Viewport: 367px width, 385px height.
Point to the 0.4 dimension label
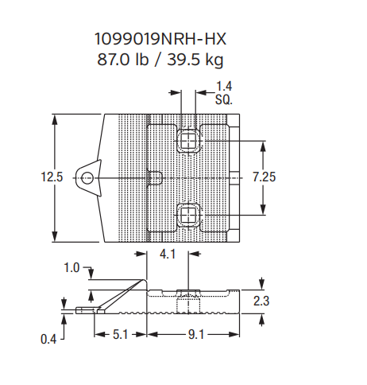click(49, 339)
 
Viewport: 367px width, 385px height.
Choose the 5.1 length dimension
click(120, 335)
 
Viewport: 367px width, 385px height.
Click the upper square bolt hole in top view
click(188, 142)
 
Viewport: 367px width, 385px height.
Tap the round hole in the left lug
click(87, 178)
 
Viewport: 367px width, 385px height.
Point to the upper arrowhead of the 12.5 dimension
click(54, 119)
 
